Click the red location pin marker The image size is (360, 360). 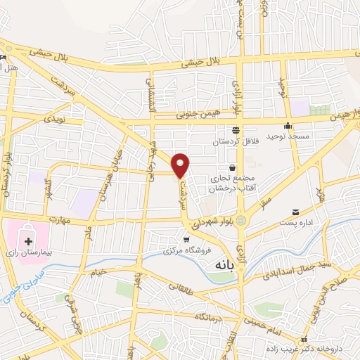[x=181, y=165]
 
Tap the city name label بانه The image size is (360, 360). [x=220, y=257]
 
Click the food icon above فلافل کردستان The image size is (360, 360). [x=235, y=130]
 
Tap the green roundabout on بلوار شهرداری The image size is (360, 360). [x=243, y=221]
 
